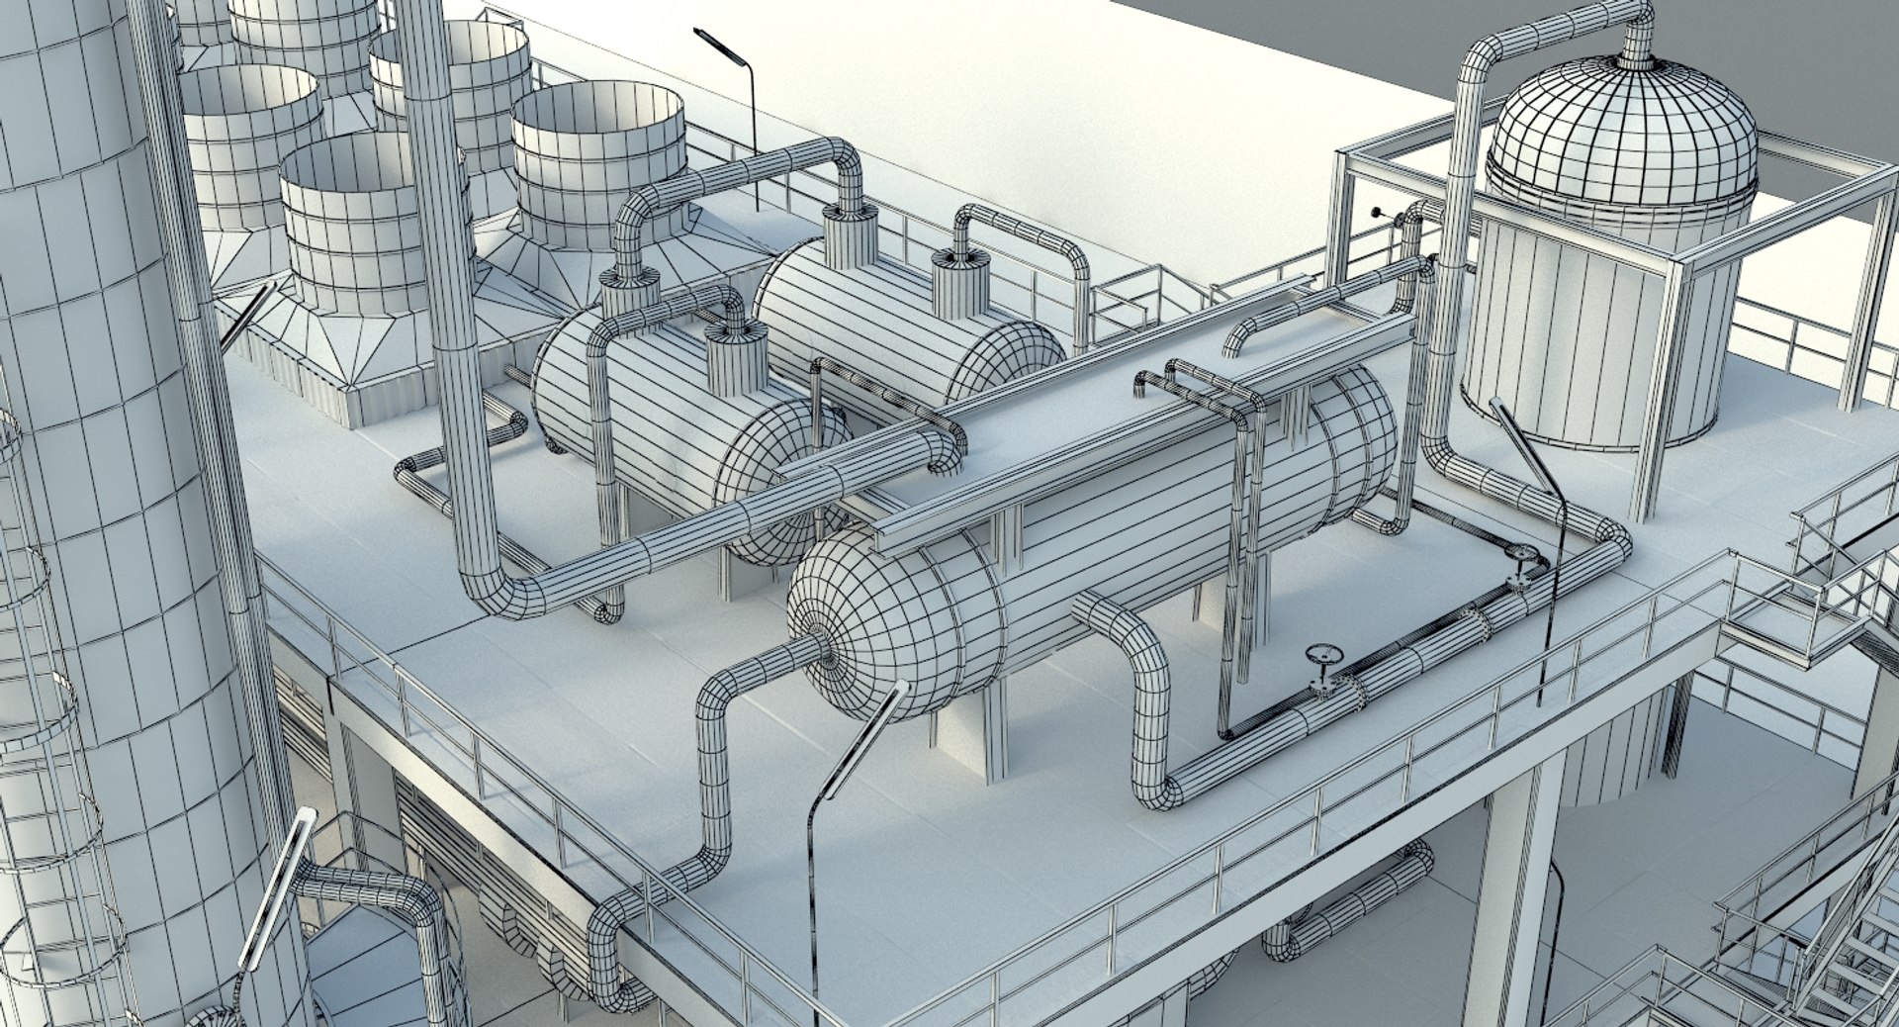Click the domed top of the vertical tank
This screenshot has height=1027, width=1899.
tap(1622, 124)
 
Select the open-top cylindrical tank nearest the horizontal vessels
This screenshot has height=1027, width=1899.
tap(598, 163)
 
